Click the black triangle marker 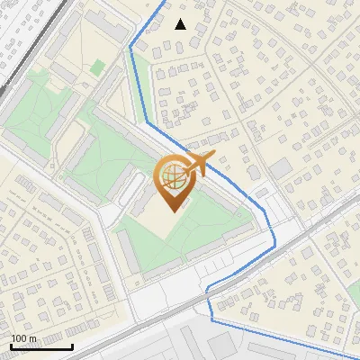(x=181, y=24)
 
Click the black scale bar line (x=41, y=346)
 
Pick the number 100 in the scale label (x=20, y=339)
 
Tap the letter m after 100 (x=32, y=339)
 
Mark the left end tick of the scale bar (x=11, y=345)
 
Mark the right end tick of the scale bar (x=72, y=345)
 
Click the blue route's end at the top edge (x=166, y=2)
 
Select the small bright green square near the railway (x=97, y=67)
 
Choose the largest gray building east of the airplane (x=280, y=168)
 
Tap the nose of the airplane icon (x=211, y=158)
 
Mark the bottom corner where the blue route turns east (x=211, y=319)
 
